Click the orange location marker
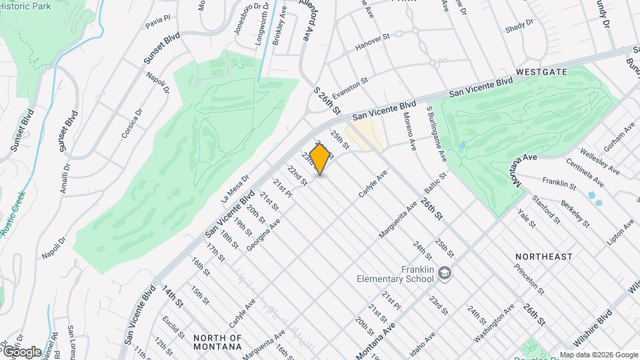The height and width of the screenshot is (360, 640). pos(321,159)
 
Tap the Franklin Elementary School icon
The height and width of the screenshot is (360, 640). pos(445,273)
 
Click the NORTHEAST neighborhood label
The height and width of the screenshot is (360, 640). pos(543,257)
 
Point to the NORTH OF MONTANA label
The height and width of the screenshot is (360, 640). pos(217,342)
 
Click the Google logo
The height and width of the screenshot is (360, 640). pos(21,351)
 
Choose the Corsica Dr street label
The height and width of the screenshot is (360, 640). pos(131,122)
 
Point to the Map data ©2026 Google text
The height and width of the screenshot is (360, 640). pos(598,355)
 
